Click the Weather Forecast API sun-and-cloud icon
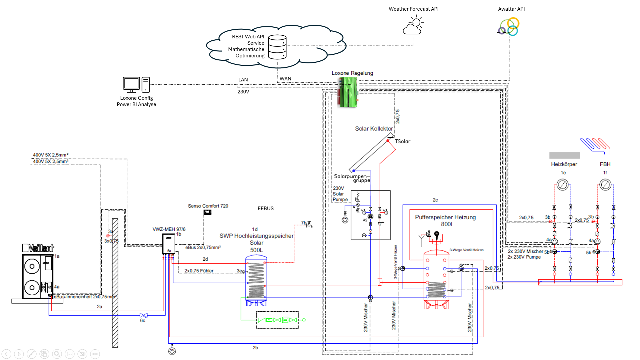coord(414,26)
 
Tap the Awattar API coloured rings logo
coord(509,27)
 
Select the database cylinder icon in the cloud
coord(277,47)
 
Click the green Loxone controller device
coord(348,92)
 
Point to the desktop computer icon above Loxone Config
coord(136,85)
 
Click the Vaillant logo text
coord(38,248)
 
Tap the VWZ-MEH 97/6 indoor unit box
coord(169,244)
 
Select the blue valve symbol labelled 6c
coord(143,315)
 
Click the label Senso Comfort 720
coord(208,206)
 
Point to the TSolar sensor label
coord(403,141)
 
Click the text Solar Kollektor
coord(374,129)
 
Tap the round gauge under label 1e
coord(562,185)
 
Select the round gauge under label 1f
coord(605,185)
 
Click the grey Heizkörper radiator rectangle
coord(564,155)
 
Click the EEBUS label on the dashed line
coord(265,209)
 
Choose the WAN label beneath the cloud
coord(285,79)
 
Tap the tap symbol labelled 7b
coord(309,224)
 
